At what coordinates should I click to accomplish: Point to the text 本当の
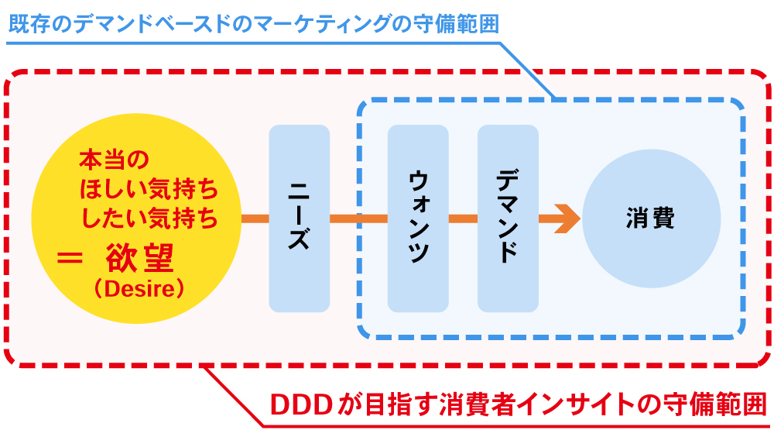pyautogui.click(x=113, y=161)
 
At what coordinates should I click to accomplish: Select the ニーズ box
pyautogui.click(x=299, y=218)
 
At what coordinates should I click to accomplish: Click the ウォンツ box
pyautogui.click(x=418, y=218)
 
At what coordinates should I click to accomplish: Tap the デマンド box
pyautogui.click(x=508, y=218)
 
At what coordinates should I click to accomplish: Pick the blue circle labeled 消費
pyautogui.click(x=650, y=218)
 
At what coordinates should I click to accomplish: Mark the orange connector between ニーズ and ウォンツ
pyautogui.click(x=358, y=218)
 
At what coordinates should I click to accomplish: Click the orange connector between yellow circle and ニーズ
pyautogui.click(x=255, y=218)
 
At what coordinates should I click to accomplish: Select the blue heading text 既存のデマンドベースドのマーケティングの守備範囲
pyautogui.click(x=252, y=22)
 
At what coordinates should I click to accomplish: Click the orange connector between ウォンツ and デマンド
pyautogui.click(x=463, y=218)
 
